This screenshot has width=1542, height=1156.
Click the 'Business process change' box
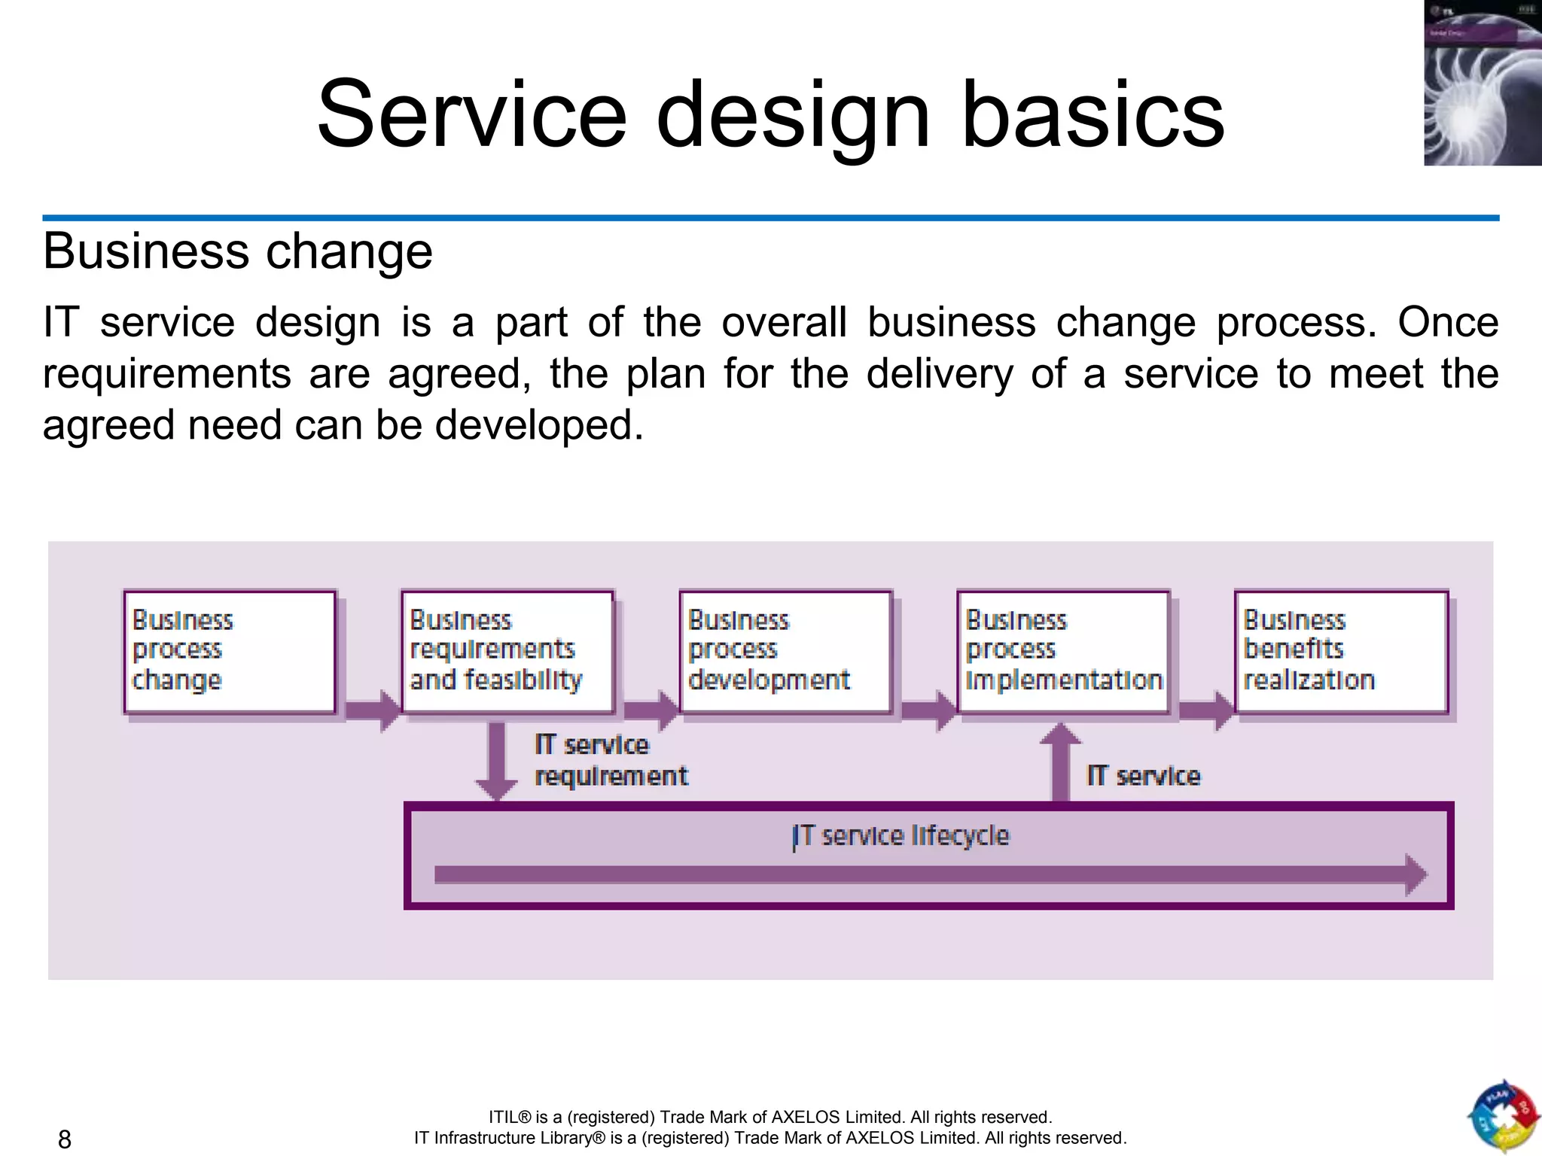click(230, 651)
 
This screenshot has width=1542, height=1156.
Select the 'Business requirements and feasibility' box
click(507, 651)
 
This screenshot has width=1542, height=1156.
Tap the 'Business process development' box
click(785, 651)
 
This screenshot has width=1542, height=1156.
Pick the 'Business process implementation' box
click(1063, 651)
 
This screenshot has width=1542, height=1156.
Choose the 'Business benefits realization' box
click(1341, 651)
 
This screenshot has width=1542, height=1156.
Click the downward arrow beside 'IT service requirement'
click(496, 760)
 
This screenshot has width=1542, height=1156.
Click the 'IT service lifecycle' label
click(901, 836)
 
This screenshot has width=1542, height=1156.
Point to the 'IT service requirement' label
click(611, 760)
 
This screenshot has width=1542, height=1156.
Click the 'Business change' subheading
click(238, 251)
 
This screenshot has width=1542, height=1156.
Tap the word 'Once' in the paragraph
click(1448, 322)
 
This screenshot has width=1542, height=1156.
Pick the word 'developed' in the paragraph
click(538, 425)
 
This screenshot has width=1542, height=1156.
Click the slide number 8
click(65, 1139)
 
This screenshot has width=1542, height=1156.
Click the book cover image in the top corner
click(1483, 83)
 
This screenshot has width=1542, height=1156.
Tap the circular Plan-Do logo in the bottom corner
click(1503, 1117)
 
